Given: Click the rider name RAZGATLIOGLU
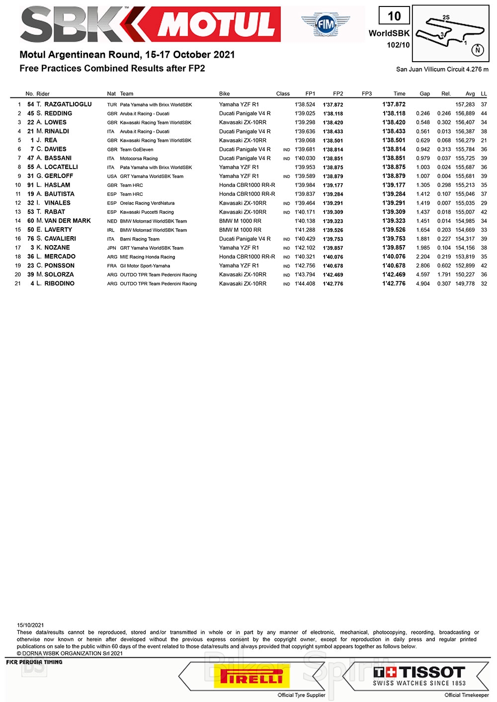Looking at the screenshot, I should coord(68,104).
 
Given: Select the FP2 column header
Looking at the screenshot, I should coord(338,93).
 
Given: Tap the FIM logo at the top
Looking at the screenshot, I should coord(326,24).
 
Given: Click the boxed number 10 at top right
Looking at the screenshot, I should coord(394,16).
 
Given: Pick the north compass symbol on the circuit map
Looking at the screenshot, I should coord(478,50).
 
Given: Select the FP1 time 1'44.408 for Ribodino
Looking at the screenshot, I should coord(305,284).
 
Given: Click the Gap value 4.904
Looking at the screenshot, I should coord(422,284).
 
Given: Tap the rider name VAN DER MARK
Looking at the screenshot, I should coord(68,221).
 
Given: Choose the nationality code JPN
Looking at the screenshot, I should coord(112,248).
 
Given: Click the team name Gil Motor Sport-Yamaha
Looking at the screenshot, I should coord(145,266).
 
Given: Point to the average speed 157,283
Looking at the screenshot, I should coord(465,105).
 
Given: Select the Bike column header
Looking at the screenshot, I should coord(225,93).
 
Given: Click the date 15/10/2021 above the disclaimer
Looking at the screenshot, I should coord(30,625).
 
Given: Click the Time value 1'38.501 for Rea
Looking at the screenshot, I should coord(394,140).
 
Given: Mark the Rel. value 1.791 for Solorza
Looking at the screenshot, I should coord(444,275).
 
